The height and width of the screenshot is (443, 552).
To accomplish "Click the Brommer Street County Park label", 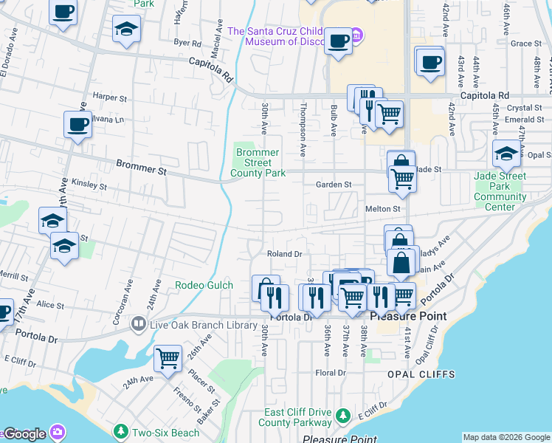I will coord(258,162).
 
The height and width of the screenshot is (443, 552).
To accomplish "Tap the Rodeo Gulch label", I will coord(204,285).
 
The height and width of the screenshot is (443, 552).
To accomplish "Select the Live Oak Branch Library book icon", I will coord(137,324).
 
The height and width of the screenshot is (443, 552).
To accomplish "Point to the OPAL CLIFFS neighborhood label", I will coord(414,374).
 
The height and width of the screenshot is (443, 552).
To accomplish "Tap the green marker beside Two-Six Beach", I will coord(120,430).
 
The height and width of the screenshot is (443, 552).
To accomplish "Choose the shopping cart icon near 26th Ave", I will coord(168,358).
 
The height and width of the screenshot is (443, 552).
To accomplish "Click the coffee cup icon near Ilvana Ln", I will coord(77,125).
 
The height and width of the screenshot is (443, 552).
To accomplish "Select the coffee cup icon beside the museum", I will coord(338,41).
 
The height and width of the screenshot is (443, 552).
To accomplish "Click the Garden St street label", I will coord(334,185).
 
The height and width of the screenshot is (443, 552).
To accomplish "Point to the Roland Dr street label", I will coord(285,254).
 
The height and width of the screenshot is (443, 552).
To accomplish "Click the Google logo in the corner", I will coord(24,433).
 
